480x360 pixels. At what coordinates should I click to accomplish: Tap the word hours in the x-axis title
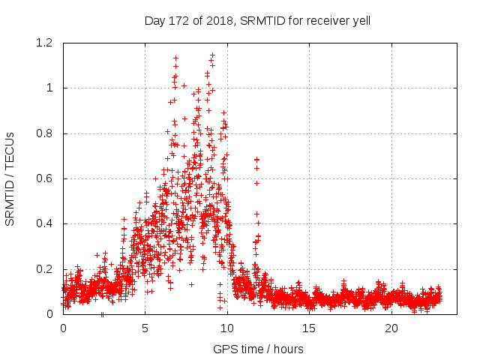288,349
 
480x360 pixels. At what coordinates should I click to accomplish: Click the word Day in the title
154,21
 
